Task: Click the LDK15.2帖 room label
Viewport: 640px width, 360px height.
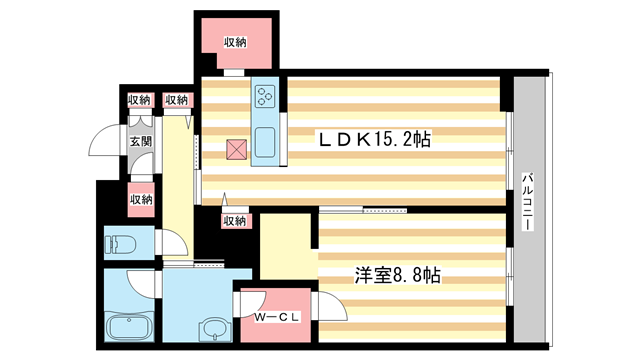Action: coord(374,141)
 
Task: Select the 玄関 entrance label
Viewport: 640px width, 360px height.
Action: coord(140,142)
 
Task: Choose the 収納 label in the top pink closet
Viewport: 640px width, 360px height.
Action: coord(235,42)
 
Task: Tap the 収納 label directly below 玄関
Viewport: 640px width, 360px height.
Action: coord(140,199)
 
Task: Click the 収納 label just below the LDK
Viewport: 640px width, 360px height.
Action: coord(234,220)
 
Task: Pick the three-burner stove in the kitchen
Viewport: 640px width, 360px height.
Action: coord(267,97)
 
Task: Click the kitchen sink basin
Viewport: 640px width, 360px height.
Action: coord(267,142)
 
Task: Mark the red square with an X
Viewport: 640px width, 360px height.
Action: coord(236,150)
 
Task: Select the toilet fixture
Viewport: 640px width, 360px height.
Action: coord(118,243)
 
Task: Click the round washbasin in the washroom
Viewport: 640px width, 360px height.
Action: coord(212,329)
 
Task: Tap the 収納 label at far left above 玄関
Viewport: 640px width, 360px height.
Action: coord(140,100)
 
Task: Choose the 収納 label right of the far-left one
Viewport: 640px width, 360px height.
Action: coord(177,100)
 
